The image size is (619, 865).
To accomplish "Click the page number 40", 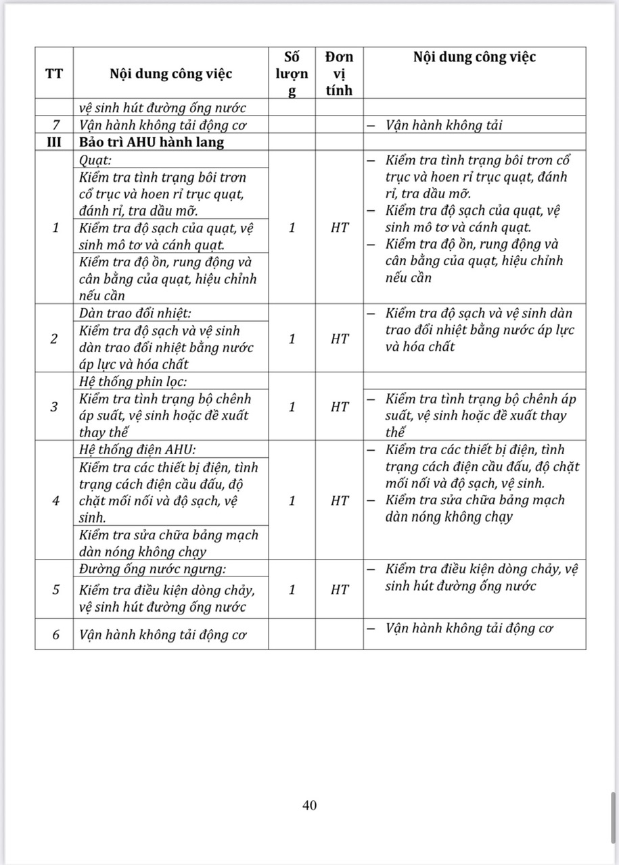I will [310, 805].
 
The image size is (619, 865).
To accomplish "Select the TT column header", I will [54, 74].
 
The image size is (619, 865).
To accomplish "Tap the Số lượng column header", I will [292, 74].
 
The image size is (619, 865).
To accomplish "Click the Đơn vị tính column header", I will [339, 74].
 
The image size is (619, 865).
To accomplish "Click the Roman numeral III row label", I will [54, 143].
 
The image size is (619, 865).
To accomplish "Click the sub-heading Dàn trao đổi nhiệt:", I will [135, 314].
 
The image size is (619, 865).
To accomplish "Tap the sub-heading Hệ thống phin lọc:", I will [132, 381].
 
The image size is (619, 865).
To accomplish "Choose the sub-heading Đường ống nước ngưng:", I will [152, 568].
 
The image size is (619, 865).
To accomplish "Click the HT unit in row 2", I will [339, 339].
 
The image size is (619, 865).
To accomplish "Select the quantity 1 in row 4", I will [292, 501].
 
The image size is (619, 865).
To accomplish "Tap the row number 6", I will [55, 635].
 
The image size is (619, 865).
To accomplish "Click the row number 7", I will [54, 125].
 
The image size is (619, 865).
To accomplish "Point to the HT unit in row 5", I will [339, 589].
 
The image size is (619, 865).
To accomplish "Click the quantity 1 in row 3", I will [292, 407].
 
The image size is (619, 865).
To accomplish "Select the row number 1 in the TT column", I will [55, 228].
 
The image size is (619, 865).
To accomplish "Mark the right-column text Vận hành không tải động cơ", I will [469, 628].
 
